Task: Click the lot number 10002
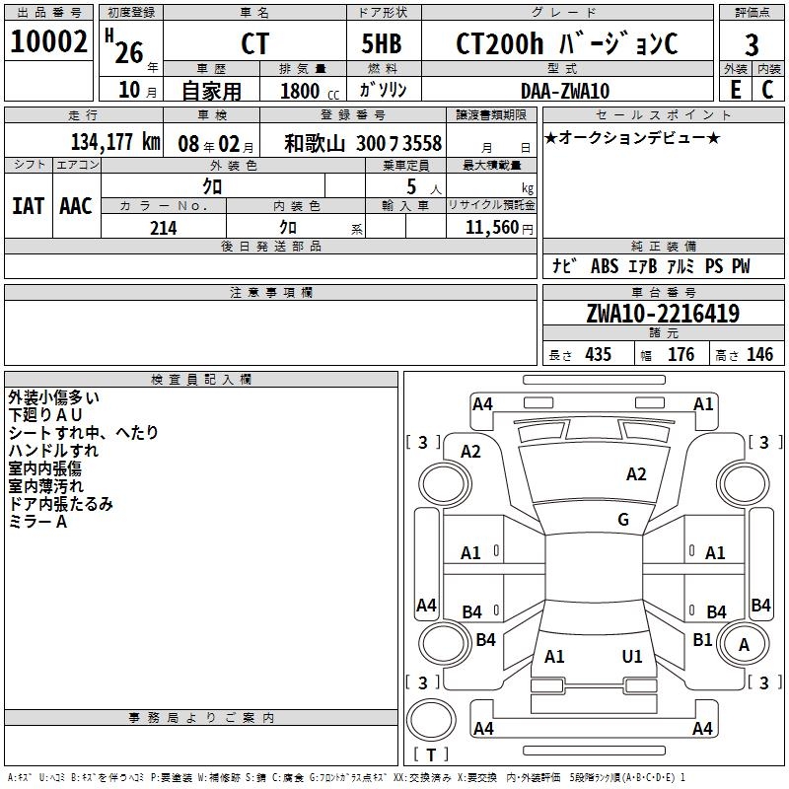49,42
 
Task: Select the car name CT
253,45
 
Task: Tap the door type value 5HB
384,44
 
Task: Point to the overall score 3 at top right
752,45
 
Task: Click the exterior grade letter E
735,89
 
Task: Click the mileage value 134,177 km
114,142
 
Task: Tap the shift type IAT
28,206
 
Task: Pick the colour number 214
163,228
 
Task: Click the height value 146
759,355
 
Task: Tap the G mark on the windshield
622,520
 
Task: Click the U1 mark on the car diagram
632,656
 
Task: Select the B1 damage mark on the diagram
702,640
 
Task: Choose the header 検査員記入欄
201,380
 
